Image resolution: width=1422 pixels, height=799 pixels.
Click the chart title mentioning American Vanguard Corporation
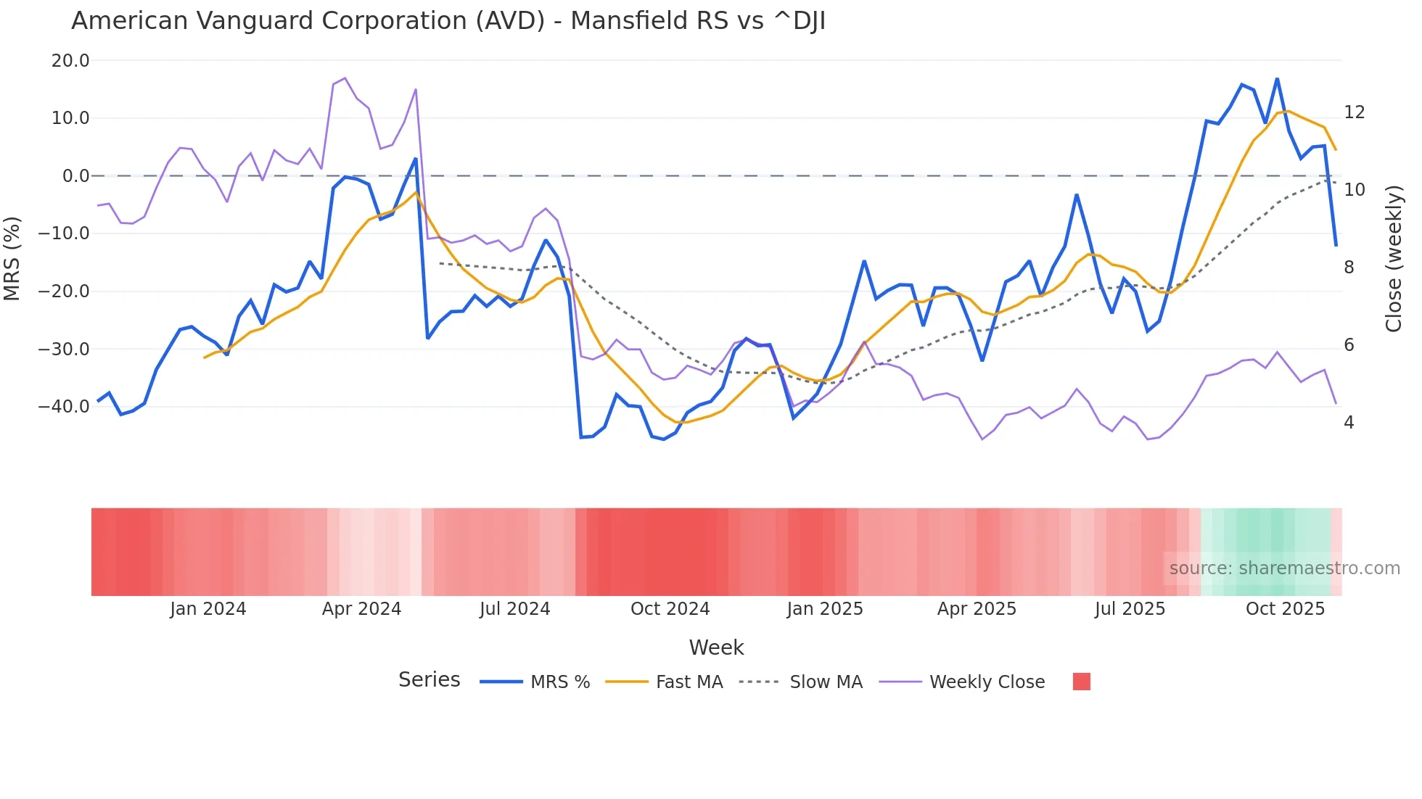click(x=448, y=21)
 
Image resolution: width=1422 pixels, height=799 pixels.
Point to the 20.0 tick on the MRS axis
click(x=70, y=61)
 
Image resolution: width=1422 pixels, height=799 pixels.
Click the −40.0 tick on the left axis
click(x=64, y=407)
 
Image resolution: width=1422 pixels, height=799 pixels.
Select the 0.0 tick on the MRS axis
click(x=75, y=176)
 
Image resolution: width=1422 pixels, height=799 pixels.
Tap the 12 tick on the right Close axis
click(x=1354, y=112)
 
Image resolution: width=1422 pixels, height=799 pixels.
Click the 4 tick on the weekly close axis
click(x=1348, y=423)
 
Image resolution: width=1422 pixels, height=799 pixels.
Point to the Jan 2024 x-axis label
click(x=207, y=609)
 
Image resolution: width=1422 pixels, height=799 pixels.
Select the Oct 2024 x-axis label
click(x=670, y=609)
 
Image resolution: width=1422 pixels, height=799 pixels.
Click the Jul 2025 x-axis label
click(x=1130, y=609)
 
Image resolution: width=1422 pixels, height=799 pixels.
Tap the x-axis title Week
click(x=716, y=647)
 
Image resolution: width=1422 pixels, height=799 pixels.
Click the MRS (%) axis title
click(x=12, y=258)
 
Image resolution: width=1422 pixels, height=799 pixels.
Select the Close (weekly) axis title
click(x=1393, y=259)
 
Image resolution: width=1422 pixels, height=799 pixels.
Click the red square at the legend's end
click(x=1081, y=682)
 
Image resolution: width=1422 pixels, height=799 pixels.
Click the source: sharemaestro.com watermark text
click(x=1284, y=568)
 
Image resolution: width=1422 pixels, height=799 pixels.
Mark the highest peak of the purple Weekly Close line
click(x=345, y=78)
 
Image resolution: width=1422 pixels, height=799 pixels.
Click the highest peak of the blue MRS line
click(x=1277, y=79)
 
